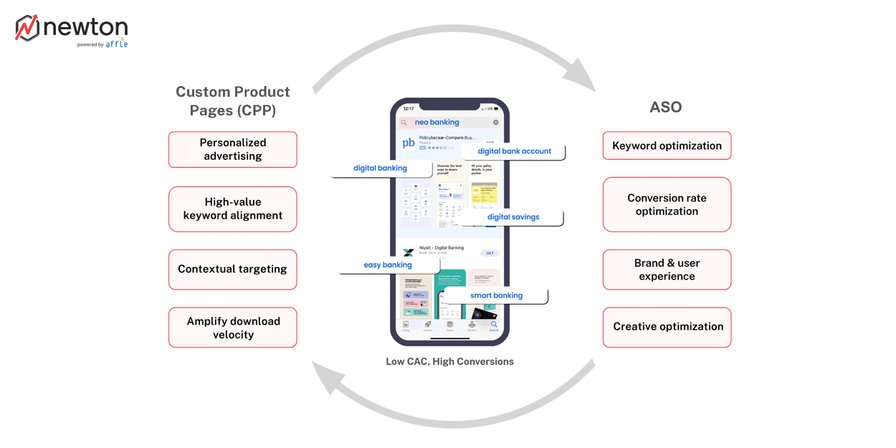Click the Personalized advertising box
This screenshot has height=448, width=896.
click(x=232, y=149)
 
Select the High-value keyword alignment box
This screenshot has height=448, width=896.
click(x=232, y=209)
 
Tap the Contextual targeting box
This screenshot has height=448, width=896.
click(x=232, y=270)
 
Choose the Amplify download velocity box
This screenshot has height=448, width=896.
click(x=232, y=328)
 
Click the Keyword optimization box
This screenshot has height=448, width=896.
click(x=667, y=146)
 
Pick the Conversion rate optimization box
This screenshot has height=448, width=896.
click(x=667, y=204)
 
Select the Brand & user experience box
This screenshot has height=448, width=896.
click(x=667, y=270)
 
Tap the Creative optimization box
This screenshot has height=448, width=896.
click(x=667, y=327)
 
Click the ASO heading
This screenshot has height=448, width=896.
click(x=665, y=108)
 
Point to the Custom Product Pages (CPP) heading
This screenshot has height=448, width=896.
click(x=232, y=101)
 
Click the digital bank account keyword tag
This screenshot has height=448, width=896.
click(x=514, y=151)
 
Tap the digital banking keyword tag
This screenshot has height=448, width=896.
click(x=381, y=168)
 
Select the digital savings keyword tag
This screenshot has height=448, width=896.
click(x=513, y=217)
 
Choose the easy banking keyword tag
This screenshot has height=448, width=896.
click(x=388, y=265)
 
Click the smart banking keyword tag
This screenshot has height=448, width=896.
click(x=496, y=295)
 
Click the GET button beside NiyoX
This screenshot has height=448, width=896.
click(x=490, y=253)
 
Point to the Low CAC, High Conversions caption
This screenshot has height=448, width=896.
click(x=449, y=362)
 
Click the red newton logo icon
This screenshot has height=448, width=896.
click(x=27, y=28)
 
